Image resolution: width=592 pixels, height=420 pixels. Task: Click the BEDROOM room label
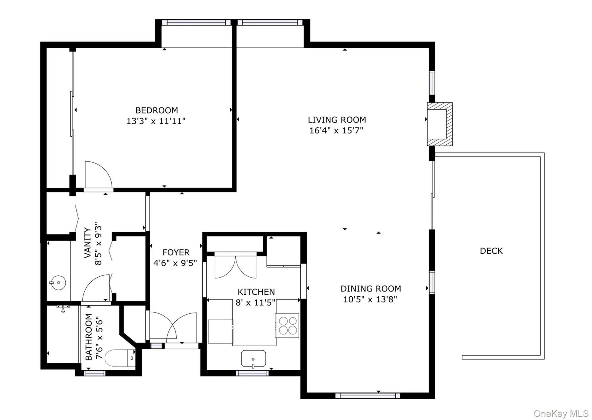coord(156,110)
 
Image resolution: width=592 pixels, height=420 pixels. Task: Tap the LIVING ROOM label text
coord(337,120)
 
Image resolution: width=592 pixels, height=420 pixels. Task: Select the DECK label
coord(491,251)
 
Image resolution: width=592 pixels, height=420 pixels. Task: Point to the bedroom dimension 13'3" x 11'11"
coord(156,121)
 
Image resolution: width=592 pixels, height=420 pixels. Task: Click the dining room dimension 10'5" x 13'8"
coord(370,299)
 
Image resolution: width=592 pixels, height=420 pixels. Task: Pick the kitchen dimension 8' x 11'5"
coord(256,302)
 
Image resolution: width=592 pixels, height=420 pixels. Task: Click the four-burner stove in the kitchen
coord(287,326)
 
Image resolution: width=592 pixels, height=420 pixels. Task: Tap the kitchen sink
coord(254,359)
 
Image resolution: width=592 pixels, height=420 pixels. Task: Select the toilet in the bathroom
coord(120,358)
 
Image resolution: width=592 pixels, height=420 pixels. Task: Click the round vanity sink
coord(58,283)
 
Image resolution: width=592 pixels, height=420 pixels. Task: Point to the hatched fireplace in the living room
coord(440,124)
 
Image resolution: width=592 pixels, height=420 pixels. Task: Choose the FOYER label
coord(176,252)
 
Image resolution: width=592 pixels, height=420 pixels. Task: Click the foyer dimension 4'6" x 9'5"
coord(175,263)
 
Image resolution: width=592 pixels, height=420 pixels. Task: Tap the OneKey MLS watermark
coord(561,414)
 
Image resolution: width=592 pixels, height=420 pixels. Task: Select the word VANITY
coord(88,243)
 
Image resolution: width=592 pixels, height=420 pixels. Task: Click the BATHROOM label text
coord(88,337)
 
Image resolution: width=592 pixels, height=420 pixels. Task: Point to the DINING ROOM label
coord(371,289)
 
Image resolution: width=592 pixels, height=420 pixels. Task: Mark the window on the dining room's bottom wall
coord(368,396)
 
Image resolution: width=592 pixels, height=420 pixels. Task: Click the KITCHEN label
coord(256,292)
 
